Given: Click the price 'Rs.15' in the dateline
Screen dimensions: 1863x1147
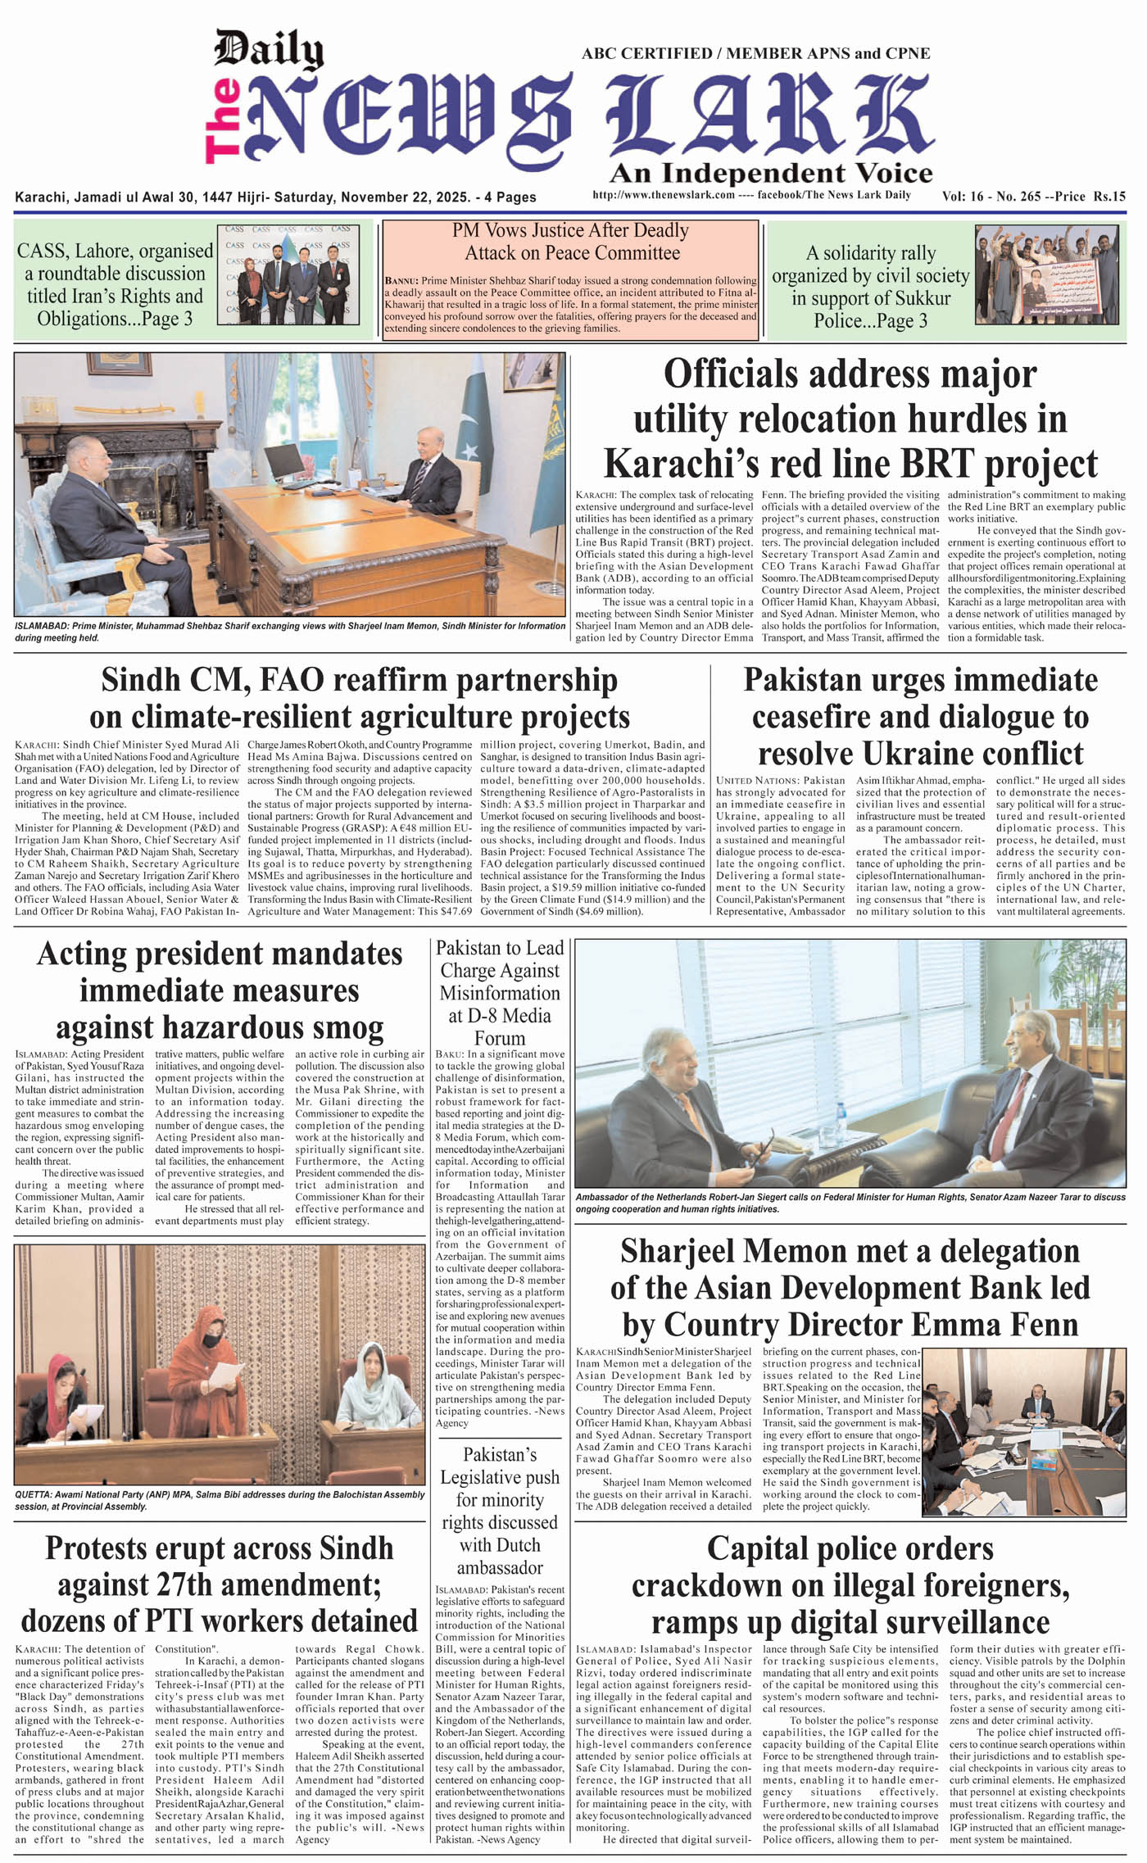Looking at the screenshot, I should click(1109, 197).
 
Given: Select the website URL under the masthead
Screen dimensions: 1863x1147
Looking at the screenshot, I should click(664, 195).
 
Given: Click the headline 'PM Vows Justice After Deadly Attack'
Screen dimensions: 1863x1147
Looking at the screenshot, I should click(571, 242).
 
